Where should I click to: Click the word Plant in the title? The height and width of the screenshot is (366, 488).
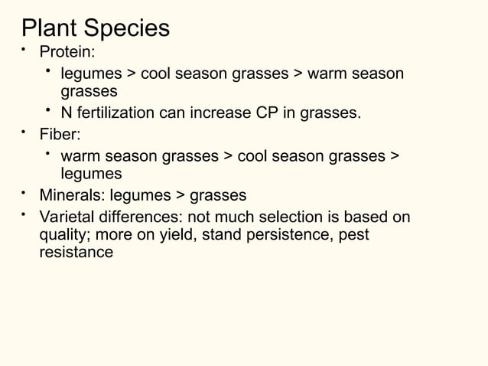pyautogui.click(x=50, y=28)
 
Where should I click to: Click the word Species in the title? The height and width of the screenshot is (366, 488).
pyautogui.click(x=126, y=29)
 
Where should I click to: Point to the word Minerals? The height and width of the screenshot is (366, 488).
pyautogui.click(x=73, y=195)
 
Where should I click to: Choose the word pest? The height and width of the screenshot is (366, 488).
pyautogui.click(x=352, y=234)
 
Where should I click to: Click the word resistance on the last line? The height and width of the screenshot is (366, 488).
pyautogui.click(x=76, y=252)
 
